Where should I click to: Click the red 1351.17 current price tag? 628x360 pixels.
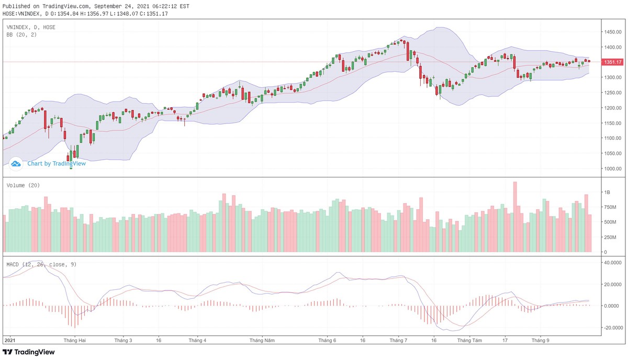tap(612, 62)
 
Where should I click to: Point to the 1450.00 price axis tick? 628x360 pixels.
tap(612, 32)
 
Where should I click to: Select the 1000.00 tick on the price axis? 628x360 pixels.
tap(612, 168)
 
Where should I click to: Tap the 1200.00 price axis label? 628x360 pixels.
tap(612, 108)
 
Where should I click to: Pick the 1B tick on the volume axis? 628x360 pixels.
tap(607, 193)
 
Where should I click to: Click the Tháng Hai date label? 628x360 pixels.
tap(74, 340)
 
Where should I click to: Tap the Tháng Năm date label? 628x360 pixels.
tap(262, 340)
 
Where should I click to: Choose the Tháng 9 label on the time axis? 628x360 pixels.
tap(540, 340)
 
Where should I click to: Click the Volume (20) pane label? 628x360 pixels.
tap(23, 185)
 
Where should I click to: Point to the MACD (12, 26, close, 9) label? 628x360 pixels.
tap(41, 264)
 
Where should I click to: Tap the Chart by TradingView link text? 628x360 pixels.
tap(57, 163)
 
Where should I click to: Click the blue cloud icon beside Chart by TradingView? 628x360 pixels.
tap(16, 163)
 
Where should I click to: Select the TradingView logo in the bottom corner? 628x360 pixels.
tap(29, 352)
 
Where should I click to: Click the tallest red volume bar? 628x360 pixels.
tap(515, 217)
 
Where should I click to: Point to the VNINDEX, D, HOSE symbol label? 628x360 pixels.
tap(31, 27)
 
